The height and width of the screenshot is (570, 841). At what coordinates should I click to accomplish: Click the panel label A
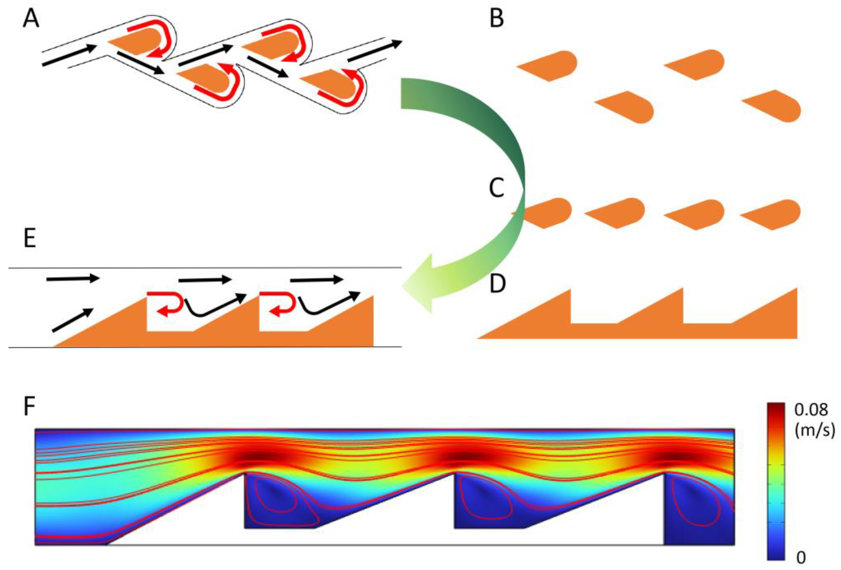pyautogui.click(x=31, y=19)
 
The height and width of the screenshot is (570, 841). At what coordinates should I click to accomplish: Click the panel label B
pyautogui.click(x=497, y=19)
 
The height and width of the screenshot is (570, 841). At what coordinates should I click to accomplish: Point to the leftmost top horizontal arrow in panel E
pyautogui.click(x=72, y=278)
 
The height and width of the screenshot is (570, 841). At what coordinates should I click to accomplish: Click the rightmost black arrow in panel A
pyautogui.click(x=375, y=51)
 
